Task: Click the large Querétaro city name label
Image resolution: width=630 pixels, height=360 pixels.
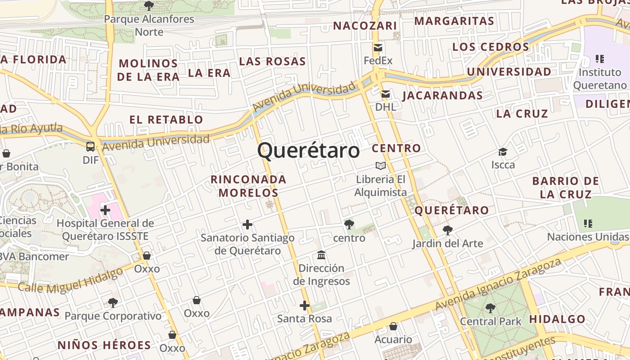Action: [x=309, y=150]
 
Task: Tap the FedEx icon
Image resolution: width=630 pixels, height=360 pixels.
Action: [x=378, y=48]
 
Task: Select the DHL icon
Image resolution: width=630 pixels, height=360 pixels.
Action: [x=386, y=94]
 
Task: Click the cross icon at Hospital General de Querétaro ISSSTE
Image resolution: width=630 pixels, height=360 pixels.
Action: [x=105, y=210]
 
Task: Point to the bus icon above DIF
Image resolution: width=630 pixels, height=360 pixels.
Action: [x=90, y=146]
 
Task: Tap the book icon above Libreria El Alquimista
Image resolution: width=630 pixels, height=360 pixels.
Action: [x=381, y=166]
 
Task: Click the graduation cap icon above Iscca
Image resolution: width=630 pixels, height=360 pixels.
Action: [x=503, y=152]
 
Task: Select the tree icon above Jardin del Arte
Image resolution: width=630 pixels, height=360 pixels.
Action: [x=447, y=230]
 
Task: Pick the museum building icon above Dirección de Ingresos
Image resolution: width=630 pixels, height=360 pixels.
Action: [x=321, y=255]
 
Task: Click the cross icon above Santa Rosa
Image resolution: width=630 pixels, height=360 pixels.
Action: [x=305, y=306]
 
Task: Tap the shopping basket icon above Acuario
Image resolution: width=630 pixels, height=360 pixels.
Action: [x=393, y=326]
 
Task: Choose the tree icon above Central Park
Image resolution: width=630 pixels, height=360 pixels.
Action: [x=490, y=308]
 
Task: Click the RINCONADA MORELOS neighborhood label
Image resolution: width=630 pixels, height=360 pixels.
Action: [x=248, y=186]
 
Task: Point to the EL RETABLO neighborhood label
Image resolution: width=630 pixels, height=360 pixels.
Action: [x=166, y=120]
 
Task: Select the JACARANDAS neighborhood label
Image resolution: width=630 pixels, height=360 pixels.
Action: [x=442, y=95]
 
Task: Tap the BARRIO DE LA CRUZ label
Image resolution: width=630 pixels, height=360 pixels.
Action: [x=566, y=188]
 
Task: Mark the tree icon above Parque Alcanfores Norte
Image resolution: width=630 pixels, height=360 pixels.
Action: [x=148, y=6]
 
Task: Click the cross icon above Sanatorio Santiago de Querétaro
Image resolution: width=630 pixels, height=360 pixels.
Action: [x=247, y=225]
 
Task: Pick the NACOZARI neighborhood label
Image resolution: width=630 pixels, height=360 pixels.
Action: [x=365, y=26]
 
